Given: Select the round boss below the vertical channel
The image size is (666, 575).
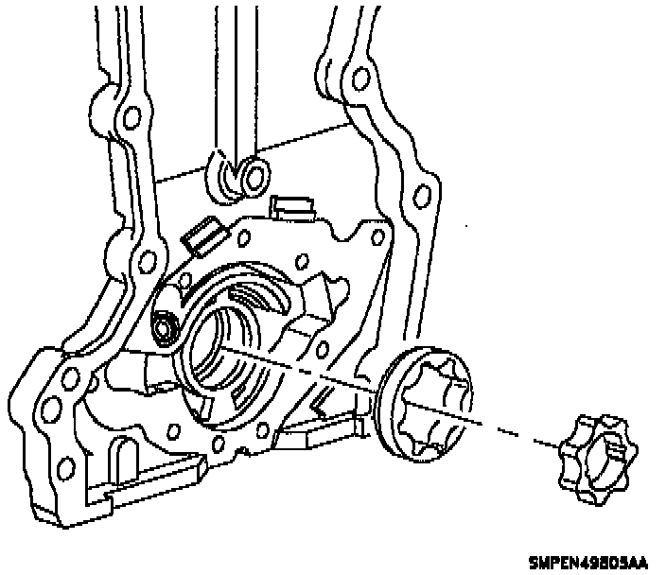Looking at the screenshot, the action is [x=253, y=174].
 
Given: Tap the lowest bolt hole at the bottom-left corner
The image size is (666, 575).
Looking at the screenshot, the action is [x=66, y=470].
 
